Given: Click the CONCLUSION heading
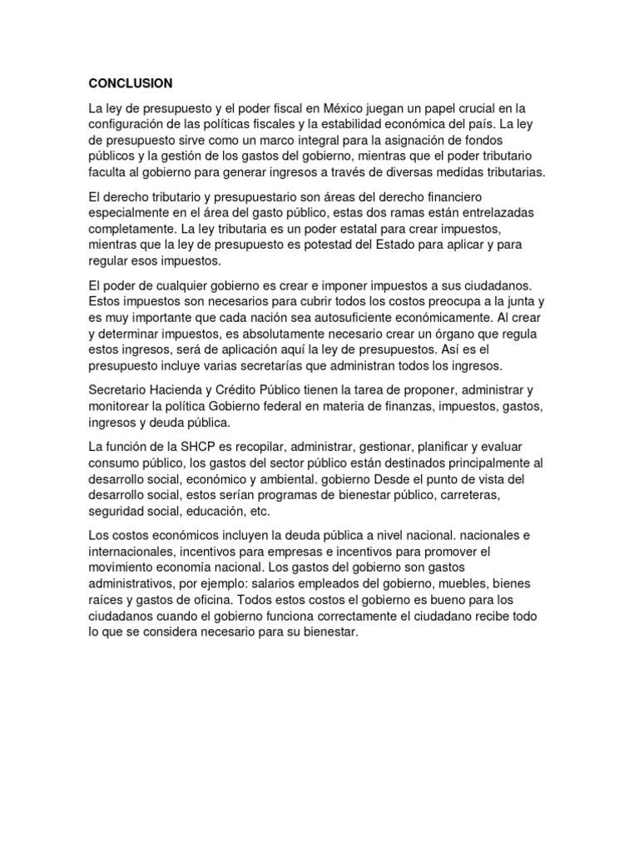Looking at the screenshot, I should [x=131, y=83].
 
